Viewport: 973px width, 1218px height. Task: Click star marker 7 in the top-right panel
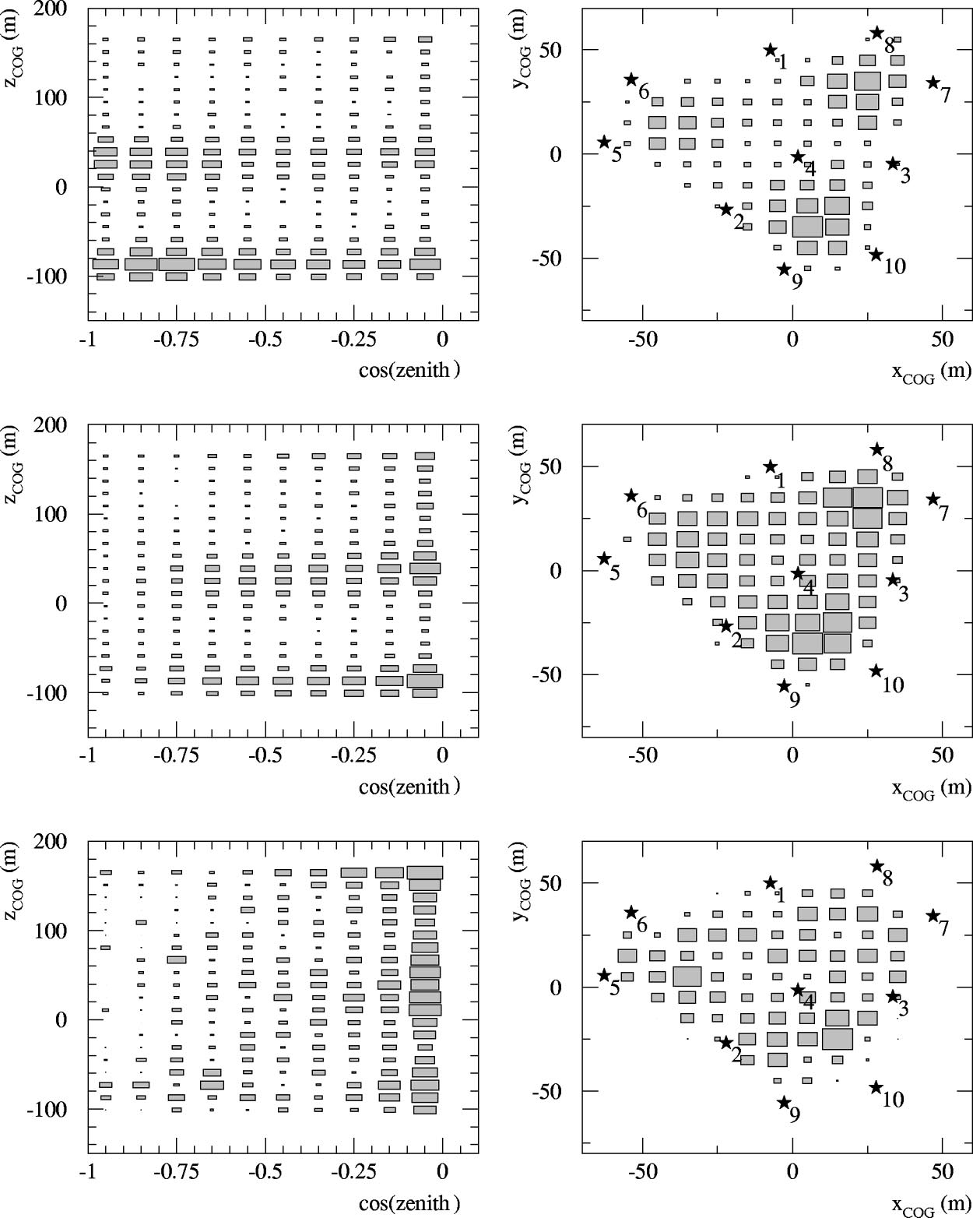click(933, 83)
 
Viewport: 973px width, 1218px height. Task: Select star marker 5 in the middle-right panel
click(604, 558)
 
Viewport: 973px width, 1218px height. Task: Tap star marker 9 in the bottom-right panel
click(784, 1102)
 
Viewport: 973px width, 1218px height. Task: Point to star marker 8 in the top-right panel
click(877, 33)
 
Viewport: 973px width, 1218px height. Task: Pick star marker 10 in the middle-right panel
click(876, 671)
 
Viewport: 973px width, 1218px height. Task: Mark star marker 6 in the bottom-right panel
click(631, 912)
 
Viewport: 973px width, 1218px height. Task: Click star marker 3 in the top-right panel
click(893, 164)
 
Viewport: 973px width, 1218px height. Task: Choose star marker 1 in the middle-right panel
click(771, 466)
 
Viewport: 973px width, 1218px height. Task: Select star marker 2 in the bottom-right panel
click(726, 1042)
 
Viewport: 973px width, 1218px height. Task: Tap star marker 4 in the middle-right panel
click(798, 573)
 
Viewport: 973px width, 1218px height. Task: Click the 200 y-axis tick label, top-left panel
click(49, 9)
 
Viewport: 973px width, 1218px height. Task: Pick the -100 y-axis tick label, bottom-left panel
click(47, 1109)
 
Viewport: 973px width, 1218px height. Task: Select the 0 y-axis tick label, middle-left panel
click(61, 604)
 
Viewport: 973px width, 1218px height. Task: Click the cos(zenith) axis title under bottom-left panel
click(409, 1203)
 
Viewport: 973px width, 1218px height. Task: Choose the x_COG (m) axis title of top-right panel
click(931, 372)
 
